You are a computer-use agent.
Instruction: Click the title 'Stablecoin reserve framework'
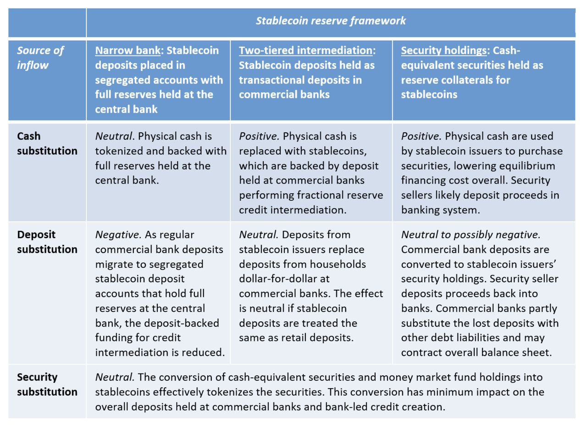[330, 21]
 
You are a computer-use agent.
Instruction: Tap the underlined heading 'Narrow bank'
[127, 50]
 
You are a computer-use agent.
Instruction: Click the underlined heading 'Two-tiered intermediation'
[305, 50]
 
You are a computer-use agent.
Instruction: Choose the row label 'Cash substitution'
[47, 143]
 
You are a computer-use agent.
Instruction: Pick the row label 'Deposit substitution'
[47, 242]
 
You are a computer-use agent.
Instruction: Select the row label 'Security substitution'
[47, 385]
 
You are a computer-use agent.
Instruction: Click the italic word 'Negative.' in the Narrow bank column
[118, 235]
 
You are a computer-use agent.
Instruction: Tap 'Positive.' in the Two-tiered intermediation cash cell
[259, 136]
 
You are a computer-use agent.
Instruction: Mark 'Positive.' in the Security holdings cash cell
[421, 136]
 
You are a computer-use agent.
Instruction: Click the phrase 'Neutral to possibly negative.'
[471, 235]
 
